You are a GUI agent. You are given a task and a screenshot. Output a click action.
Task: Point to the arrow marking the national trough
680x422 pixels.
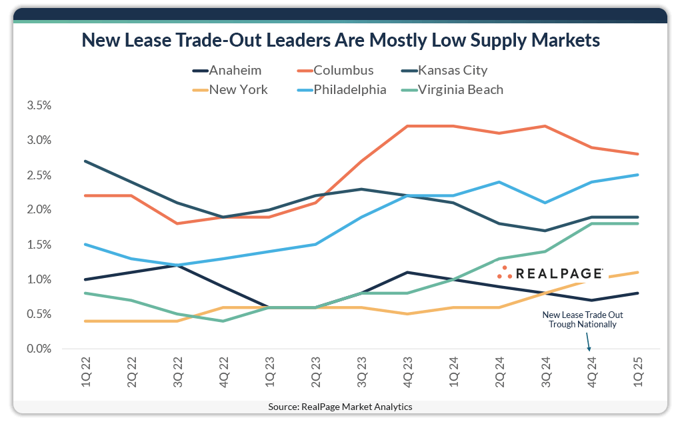point(588,341)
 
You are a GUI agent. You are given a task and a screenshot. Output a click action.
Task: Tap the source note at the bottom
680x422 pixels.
point(340,407)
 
